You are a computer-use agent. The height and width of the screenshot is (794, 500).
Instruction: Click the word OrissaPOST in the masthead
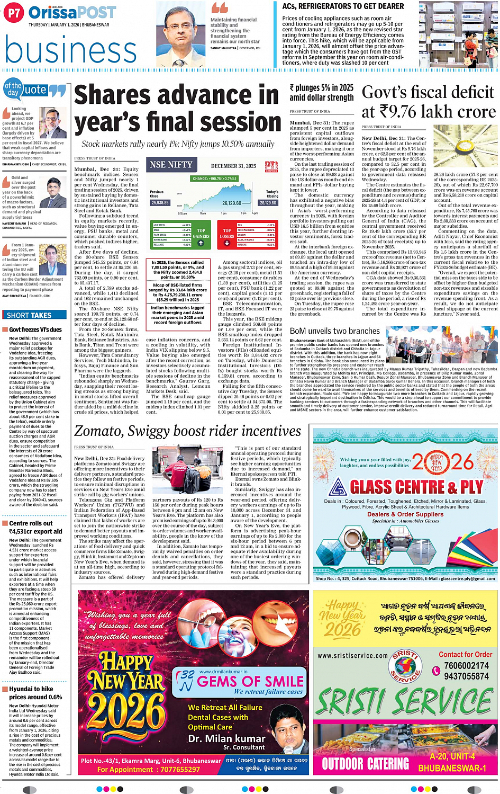click(x=72, y=13)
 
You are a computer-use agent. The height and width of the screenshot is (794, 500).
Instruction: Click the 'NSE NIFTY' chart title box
click(x=171, y=165)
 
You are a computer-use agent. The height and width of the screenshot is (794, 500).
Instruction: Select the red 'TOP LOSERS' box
click(x=227, y=234)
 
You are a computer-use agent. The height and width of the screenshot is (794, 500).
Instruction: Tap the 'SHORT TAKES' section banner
click(x=30, y=315)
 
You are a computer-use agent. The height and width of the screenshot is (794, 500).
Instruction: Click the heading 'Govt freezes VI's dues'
click(x=35, y=329)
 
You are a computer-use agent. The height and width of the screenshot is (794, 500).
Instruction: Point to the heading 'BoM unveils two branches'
click(x=335, y=331)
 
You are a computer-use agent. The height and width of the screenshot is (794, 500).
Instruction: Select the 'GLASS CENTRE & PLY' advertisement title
click(x=416, y=487)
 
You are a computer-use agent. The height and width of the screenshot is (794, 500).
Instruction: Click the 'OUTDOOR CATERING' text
click(x=365, y=763)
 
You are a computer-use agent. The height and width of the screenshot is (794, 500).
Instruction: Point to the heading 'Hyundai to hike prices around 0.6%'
click(x=35, y=693)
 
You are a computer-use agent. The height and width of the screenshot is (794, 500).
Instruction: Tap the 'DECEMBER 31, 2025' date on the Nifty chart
click(x=233, y=166)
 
